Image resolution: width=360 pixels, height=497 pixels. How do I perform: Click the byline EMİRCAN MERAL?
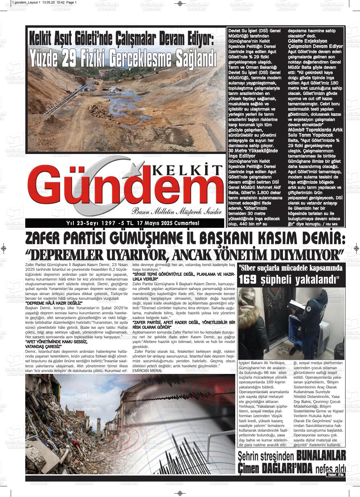click(x=148, y=370)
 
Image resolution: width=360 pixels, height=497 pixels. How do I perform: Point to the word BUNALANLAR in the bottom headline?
click(x=321, y=455)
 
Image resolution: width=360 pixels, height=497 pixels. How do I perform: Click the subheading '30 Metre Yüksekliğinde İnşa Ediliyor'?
click(x=253, y=153)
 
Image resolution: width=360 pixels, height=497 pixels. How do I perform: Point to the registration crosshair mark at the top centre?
click(x=180, y=4)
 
